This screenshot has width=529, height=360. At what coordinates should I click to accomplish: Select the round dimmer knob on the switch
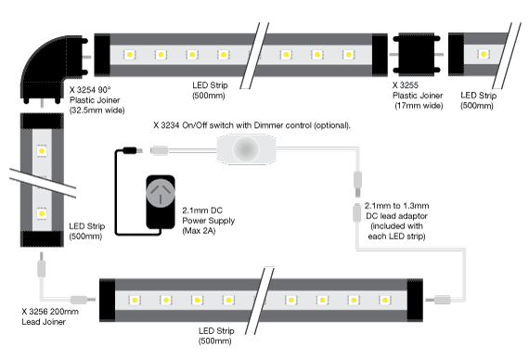coord(248,149)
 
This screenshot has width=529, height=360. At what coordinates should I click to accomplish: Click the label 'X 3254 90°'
coord(95,90)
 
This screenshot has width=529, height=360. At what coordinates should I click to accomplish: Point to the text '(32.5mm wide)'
coord(97,110)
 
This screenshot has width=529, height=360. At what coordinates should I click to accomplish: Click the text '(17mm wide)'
coord(418,105)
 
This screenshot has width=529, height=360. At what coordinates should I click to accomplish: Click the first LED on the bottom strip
coord(135,301)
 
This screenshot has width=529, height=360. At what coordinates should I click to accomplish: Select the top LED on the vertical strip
coord(42,149)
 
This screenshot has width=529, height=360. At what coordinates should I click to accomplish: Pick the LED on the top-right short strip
coord(482,55)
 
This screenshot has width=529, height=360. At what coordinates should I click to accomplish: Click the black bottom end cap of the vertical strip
coord(43,238)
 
